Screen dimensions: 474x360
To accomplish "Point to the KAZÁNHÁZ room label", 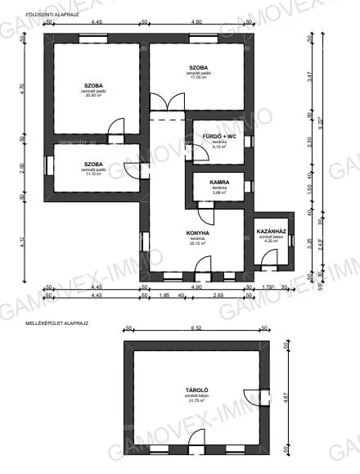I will [x=270, y=232].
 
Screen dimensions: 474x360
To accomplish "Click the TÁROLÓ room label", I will [x=196, y=391].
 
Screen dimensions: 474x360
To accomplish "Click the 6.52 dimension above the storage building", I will [x=196, y=328].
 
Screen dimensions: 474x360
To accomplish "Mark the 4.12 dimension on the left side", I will [x=25, y=242].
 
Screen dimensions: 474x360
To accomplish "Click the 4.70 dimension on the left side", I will [x=25, y=92].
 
